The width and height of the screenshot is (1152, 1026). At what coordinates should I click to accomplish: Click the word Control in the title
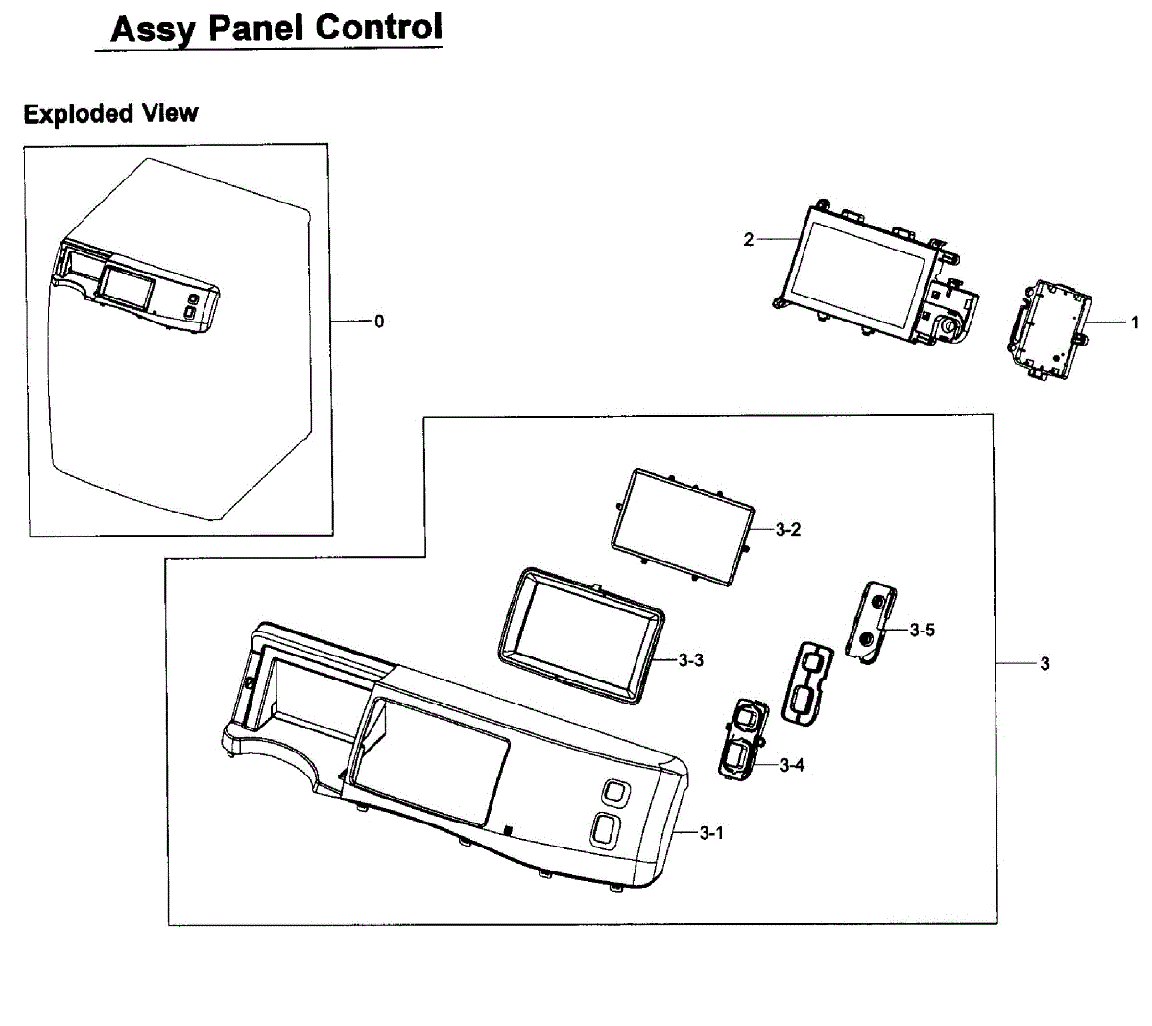(380, 28)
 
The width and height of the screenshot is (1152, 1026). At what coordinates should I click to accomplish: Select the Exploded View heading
(110, 113)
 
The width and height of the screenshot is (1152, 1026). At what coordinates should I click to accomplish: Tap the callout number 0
(379, 322)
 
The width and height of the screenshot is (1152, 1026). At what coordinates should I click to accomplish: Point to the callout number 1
(1134, 322)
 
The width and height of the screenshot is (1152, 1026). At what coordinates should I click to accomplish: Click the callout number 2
(749, 240)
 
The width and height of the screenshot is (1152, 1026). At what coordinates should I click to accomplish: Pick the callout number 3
(1045, 663)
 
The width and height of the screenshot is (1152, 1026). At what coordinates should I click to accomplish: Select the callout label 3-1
(711, 833)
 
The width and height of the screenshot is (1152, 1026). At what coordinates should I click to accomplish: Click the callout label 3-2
(788, 530)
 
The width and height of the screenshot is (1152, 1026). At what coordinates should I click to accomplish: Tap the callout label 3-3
(691, 660)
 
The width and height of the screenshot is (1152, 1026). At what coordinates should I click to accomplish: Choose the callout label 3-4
(792, 765)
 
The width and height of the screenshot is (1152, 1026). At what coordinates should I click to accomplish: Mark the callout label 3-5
(923, 630)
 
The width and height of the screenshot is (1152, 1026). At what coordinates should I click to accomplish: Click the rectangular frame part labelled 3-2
(680, 526)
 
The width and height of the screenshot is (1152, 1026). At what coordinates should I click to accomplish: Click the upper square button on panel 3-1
(613, 793)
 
